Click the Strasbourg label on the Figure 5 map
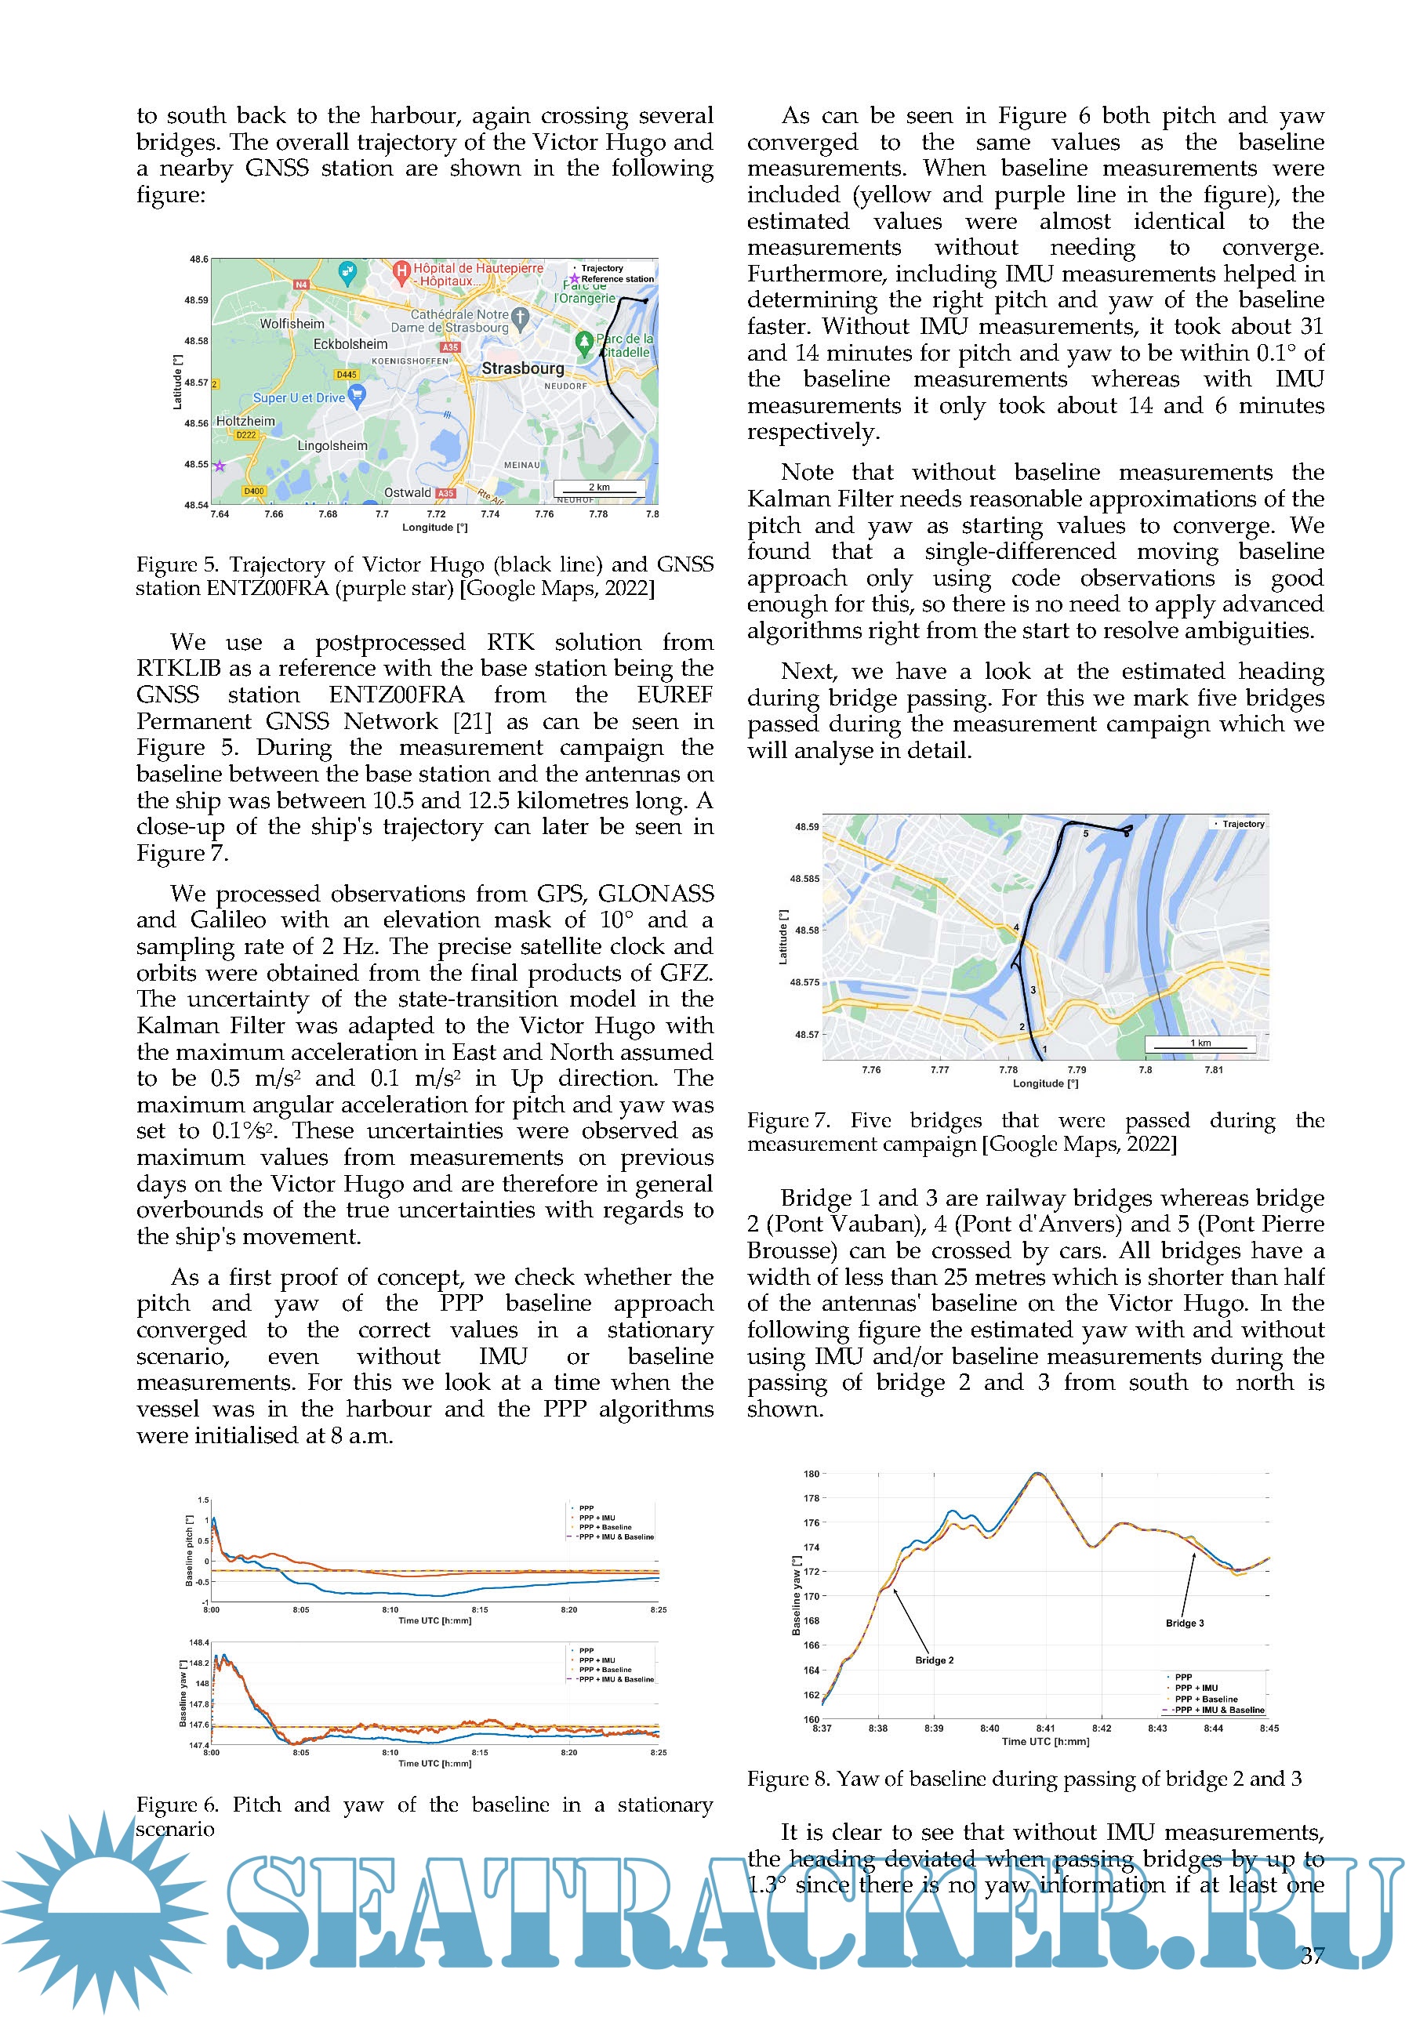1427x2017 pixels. (x=522, y=368)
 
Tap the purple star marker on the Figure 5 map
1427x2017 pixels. (x=220, y=466)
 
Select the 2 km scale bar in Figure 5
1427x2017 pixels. (x=598, y=488)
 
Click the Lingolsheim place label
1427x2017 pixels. (x=332, y=445)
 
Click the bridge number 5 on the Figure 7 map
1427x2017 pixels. (x=1085, y=833)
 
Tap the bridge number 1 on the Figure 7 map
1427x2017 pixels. (x=1044, y=1049)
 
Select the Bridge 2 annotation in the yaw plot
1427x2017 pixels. (x=934, y=1660)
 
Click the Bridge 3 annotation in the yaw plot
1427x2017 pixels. (x=1185, y=1623)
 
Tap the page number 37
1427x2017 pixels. (x=1312, y=1956)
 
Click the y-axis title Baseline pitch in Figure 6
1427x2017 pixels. (x=189, y=1551)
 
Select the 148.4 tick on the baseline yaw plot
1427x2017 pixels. (x=198, y=1642)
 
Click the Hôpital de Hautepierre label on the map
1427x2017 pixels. (x=478, y=268)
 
